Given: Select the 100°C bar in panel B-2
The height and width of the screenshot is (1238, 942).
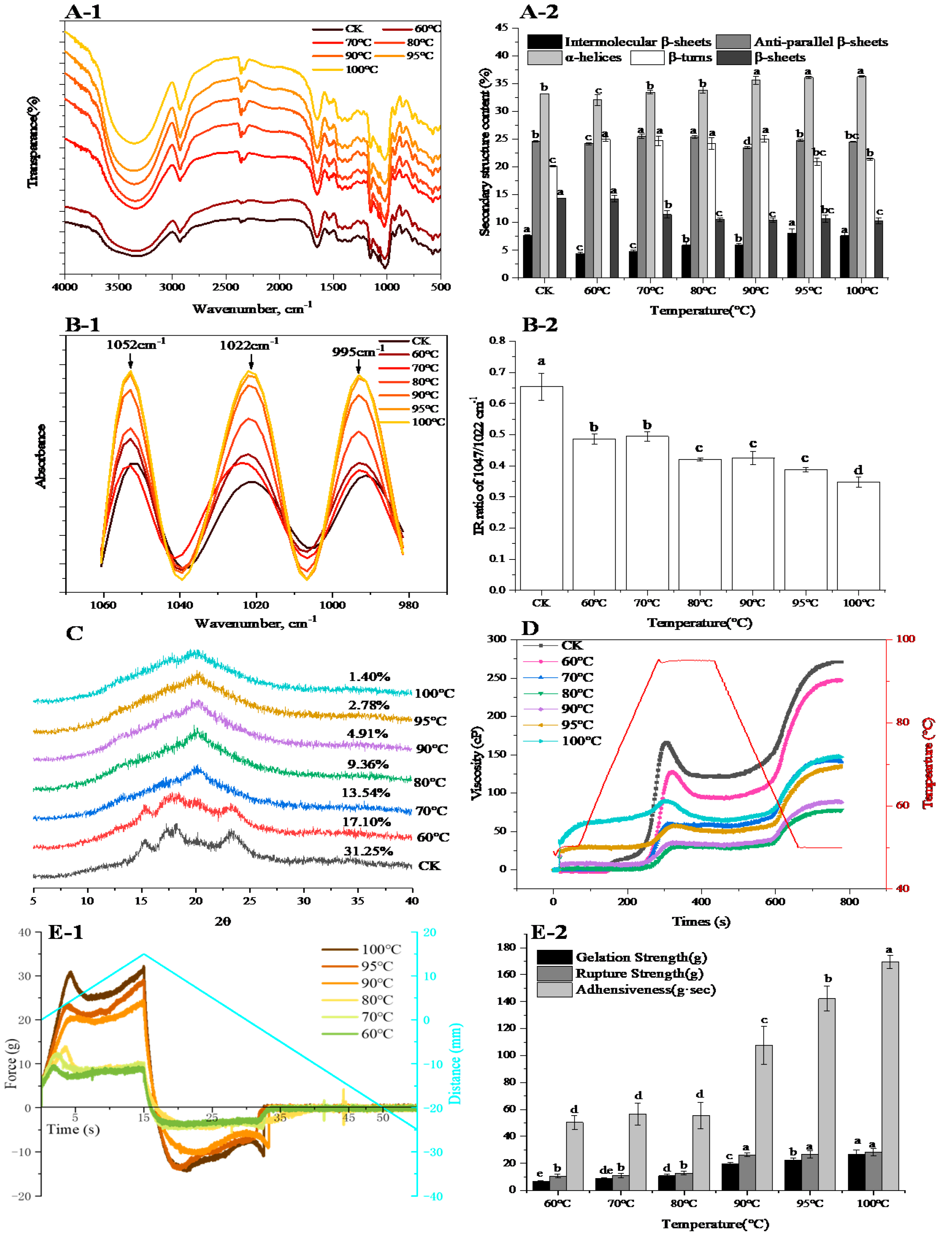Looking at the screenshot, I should pos(858,535).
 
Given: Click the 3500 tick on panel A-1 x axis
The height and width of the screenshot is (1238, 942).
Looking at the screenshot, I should pos(118,287).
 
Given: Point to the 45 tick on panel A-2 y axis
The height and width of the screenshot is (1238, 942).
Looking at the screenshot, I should pos(501,27).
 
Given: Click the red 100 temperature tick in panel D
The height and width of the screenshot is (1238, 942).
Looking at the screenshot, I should pos(905,639).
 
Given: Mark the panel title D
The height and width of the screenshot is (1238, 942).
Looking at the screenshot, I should pos(530,628).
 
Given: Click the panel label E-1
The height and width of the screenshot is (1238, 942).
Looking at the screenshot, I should pos(66,932).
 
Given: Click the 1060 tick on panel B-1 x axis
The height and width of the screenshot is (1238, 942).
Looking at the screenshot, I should pos(103,605).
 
